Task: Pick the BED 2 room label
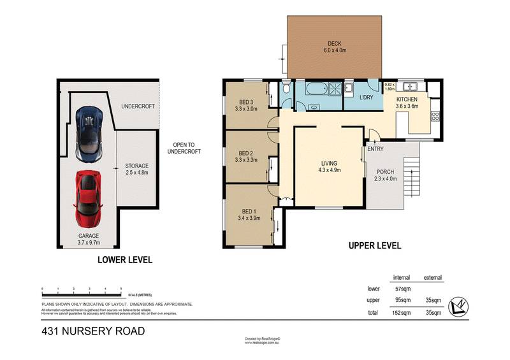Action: [x=246, y=153]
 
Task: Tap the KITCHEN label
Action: [x=407, y=100]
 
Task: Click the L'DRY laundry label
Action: [x=366, y=97]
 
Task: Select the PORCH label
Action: [x=385, y=172]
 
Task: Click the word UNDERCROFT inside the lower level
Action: [x=138, y=106]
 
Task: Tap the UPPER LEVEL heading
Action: [x=374, y=245]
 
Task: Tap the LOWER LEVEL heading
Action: [x=124, y=260]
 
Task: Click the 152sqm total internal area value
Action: [x=400, y=313]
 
